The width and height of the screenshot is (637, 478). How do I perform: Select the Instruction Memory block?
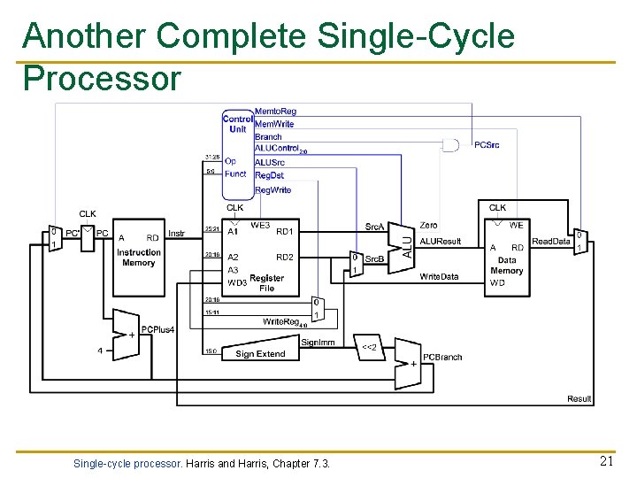pyautogui.click(x=139, y=257)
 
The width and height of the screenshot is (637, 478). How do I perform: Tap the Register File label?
pyautogui.click(x=266, y=283)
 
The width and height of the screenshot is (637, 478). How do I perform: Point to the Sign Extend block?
pyautogui.click(x=259, y=352)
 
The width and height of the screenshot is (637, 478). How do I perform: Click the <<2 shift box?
pyautogui.click(x=369, y=347)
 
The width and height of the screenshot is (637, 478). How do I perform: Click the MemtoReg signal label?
pyautogui.click(x=275, y=112)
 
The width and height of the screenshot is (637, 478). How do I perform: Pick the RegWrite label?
pyautogui.click(x=272, y=190)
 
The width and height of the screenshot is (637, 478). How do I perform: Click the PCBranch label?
pyautogui.click(x=442, y=357)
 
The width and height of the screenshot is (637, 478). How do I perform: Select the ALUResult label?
pyautogui.click(x=440, y=241)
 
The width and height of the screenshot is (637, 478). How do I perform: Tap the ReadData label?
pyautogui.click(x=550, y=241)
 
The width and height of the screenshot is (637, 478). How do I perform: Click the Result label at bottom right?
pyautogui.click(x=579, y=399)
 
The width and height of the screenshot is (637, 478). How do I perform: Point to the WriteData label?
pyautogui.click(x=439, y=276)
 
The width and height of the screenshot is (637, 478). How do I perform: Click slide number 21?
pyautogui.click(x=606, y=461)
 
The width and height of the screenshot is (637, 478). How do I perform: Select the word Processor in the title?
pyautogui.click(x=102, y=78)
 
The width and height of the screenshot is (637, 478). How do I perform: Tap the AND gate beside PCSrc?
pyautogui.click(x=451, y=144)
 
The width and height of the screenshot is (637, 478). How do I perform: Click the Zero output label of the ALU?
pyautogui.click(x=428, y=226)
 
